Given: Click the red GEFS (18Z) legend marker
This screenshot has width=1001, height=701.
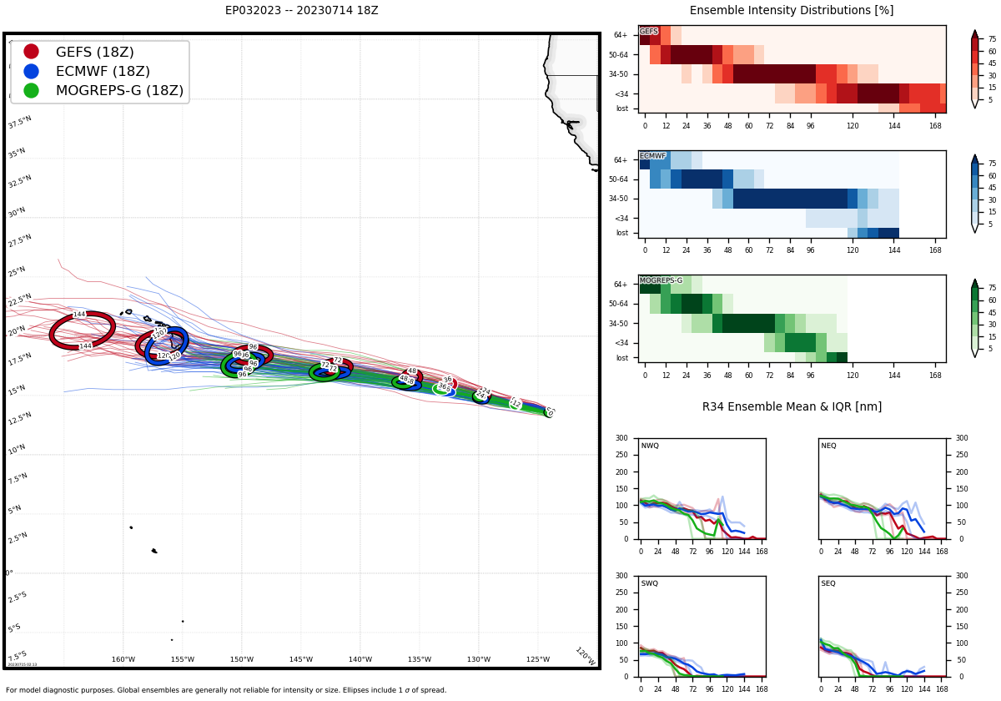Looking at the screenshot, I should (32, 52).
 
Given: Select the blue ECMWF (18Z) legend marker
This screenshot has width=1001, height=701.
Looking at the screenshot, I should (32, 71).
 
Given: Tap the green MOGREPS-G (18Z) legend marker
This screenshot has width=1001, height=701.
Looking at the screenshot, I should (32, 90).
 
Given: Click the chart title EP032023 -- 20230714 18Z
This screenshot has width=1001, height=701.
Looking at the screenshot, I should (301, 11).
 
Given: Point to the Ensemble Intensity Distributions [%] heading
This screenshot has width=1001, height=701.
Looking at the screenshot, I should (791, 11).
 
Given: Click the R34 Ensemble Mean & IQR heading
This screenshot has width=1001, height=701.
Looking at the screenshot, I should (791, 407).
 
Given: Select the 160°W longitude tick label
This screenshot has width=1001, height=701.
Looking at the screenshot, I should (123, 660).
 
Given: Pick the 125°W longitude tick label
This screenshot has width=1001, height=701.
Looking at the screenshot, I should (538, 660).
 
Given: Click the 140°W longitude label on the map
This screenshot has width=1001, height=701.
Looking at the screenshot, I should (360, 660).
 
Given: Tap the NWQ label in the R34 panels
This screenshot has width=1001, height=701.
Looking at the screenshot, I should (650, 446).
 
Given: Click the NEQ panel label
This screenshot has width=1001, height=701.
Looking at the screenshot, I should (828, 446).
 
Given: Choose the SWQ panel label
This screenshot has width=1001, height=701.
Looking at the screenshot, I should (650, 584).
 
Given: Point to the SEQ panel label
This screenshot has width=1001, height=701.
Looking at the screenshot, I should (828, 584).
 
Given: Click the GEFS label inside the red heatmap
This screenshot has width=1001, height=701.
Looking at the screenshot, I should (649, 32).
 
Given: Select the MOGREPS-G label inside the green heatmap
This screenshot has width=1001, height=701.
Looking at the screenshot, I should (661, 281).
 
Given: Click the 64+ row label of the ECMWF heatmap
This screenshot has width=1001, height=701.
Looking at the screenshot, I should (621, 160).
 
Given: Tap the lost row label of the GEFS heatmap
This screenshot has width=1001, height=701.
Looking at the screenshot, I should (622, 108).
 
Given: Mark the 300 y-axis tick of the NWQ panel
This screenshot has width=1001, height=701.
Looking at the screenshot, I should (622, 438).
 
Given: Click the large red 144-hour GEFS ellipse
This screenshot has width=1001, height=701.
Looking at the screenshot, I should (82, 330).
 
